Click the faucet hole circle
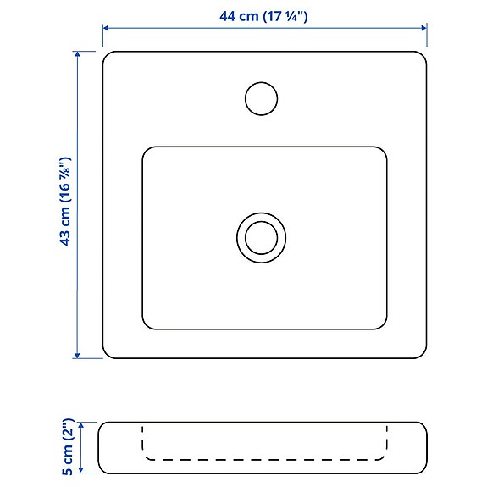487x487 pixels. [x=261, y=98]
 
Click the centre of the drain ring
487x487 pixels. [x=261, y=236]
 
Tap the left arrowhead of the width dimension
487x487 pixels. [x=106, y=29]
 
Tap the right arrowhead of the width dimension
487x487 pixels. [x=423, y=29]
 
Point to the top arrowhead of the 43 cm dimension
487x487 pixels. [x=78, y=54]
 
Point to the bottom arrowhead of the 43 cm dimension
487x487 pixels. [x=78, y=354]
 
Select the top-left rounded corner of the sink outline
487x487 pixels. [x=107, y=56]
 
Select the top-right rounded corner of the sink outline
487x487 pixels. [x=422, y=56]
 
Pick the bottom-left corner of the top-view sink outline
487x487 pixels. [x=107, y=354]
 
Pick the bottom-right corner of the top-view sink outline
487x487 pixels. [x=422, y=354]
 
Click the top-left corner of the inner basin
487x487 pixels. [x=147, y=151]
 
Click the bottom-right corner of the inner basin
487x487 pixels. [x=383, y=325]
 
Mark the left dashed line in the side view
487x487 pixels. [x=141, y=440]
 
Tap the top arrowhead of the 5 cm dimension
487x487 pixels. [x=82, y=425]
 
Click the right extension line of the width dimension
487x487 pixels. [x=427, y=35]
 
